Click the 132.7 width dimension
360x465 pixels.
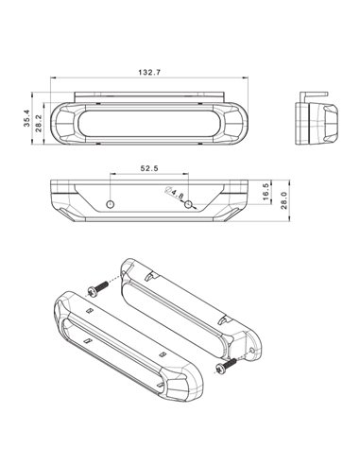pos(149,73)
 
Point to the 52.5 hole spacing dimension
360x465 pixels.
pos(149,168)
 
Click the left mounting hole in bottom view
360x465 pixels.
pos(111,204)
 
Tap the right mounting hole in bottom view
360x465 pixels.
pos(188,204)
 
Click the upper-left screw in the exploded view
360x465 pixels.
pos(94,284)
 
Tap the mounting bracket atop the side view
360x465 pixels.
pos(316,95)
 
